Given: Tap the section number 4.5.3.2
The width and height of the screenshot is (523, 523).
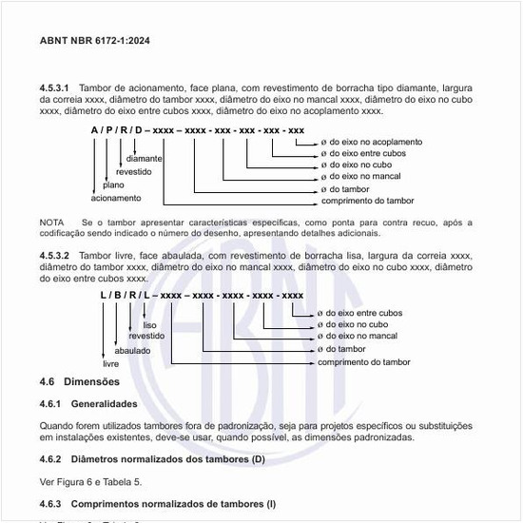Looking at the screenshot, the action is [54, 257].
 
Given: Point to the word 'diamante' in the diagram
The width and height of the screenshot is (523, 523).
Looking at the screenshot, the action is [144, 159].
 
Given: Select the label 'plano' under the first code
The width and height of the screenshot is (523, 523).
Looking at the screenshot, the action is [113, 185].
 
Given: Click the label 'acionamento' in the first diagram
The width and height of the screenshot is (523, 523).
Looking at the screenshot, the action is [116, 199].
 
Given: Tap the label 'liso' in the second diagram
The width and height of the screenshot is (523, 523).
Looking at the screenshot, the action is [150, 324].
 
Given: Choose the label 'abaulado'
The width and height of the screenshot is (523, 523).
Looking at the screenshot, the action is [133, 350].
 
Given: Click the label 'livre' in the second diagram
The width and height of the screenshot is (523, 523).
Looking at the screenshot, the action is [110, 363].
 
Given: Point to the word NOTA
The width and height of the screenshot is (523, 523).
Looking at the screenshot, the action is [51, 222].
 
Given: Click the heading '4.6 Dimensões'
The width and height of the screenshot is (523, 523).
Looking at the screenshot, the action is [80, 382].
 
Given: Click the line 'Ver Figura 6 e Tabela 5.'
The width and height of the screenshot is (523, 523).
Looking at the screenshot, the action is [90, 481].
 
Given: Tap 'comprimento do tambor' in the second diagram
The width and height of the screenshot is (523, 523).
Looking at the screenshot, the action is [365, 362].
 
